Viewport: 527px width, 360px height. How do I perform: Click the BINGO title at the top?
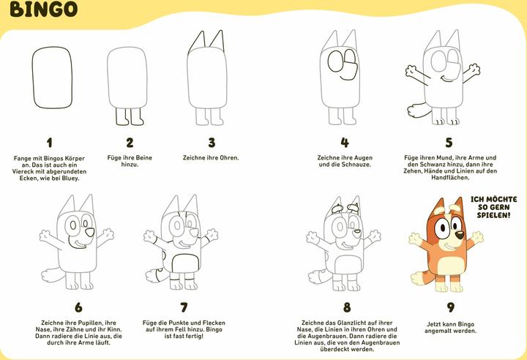tap(45, 10)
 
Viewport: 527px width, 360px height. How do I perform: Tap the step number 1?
tap(49, 143)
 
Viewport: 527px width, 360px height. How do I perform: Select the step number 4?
tap(345, 143)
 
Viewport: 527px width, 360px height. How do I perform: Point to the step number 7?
tap(184, 308)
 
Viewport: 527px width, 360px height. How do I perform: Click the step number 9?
tap(451, 308)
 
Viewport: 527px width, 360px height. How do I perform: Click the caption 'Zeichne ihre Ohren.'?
tap(211, 157)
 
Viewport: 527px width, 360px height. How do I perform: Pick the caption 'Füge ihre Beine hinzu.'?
tap(130, 161)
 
